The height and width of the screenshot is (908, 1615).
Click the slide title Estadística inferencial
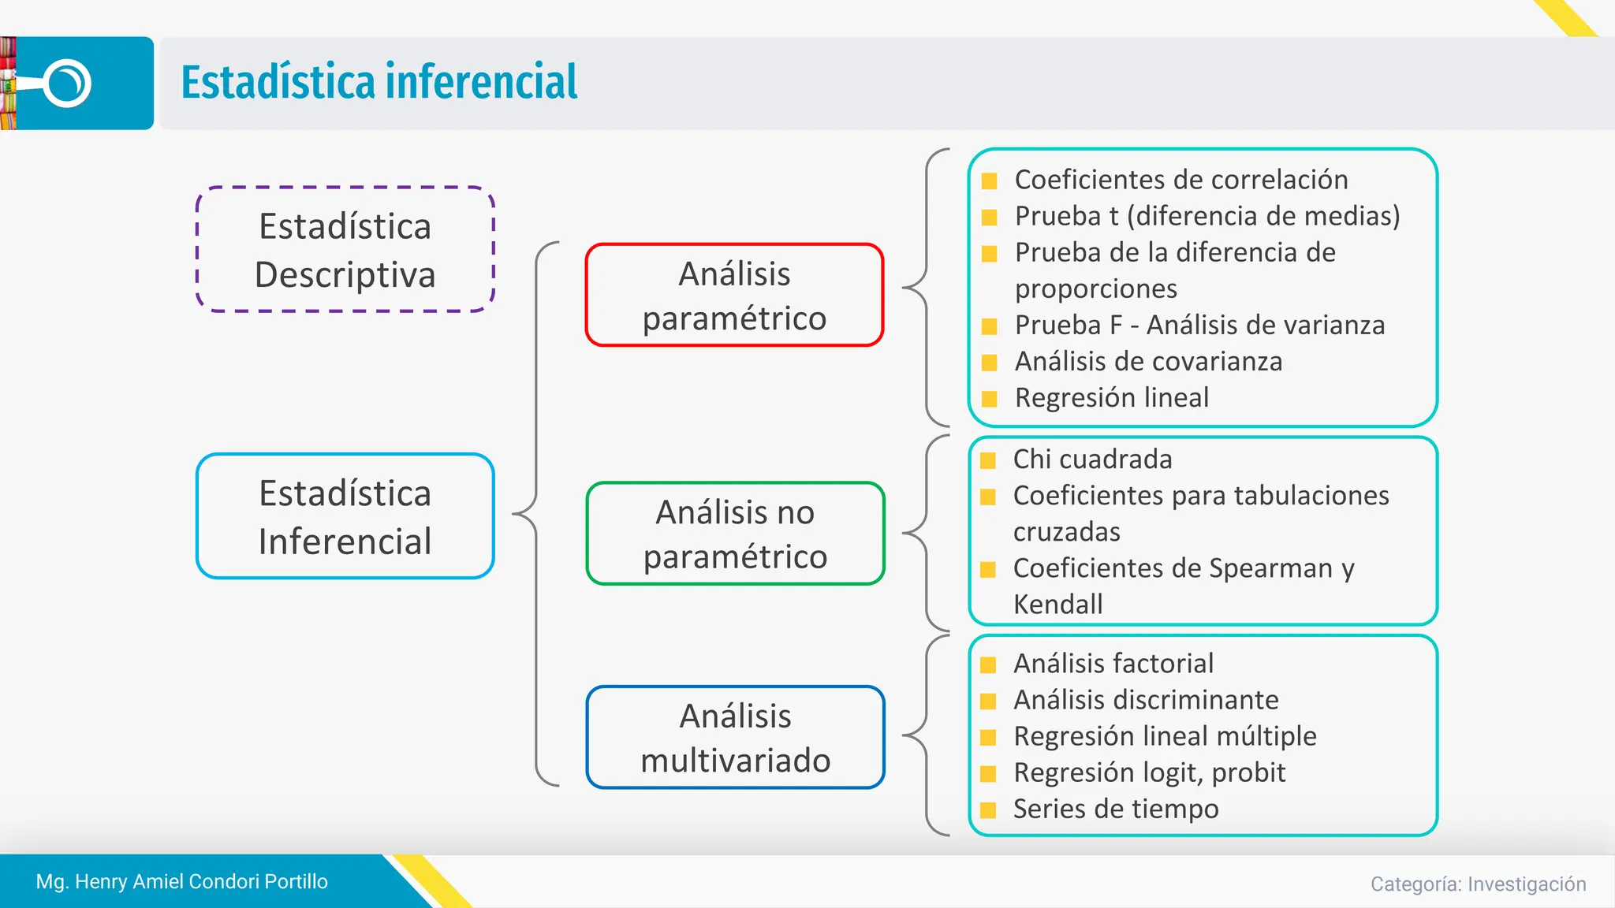tap(379, 82)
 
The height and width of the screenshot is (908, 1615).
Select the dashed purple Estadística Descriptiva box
tap(345, 250)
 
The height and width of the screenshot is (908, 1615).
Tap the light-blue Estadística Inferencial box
tap(345, 516)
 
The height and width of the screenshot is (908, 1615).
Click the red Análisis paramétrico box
tap(734, 296)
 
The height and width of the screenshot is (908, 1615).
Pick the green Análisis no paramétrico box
tap(735, 534)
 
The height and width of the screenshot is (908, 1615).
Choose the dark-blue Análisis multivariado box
tap(735, 738)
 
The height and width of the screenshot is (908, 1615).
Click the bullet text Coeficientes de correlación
tap(1180, 180)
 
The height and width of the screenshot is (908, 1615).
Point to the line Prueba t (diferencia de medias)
tap(1207, 216)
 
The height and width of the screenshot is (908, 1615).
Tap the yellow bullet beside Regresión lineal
tap(990, 398)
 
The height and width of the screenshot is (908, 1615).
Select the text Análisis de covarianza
tap(1148, 362)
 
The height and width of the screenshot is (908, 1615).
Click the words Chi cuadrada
tap(1092, 460)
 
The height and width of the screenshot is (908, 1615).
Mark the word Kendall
tap(1057, 605)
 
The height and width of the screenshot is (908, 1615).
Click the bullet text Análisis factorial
tap(1113, 664)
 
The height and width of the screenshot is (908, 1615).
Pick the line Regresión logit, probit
tap(1149, 772)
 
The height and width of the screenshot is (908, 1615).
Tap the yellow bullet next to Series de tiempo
tap(988, 809)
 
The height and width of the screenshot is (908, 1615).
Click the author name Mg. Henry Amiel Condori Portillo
tap(181, 881)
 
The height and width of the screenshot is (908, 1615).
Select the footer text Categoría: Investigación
tap(1478, 884)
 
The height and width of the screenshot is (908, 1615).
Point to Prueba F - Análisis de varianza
tap(1199, 326)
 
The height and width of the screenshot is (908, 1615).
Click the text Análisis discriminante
tap(1145, 700)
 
